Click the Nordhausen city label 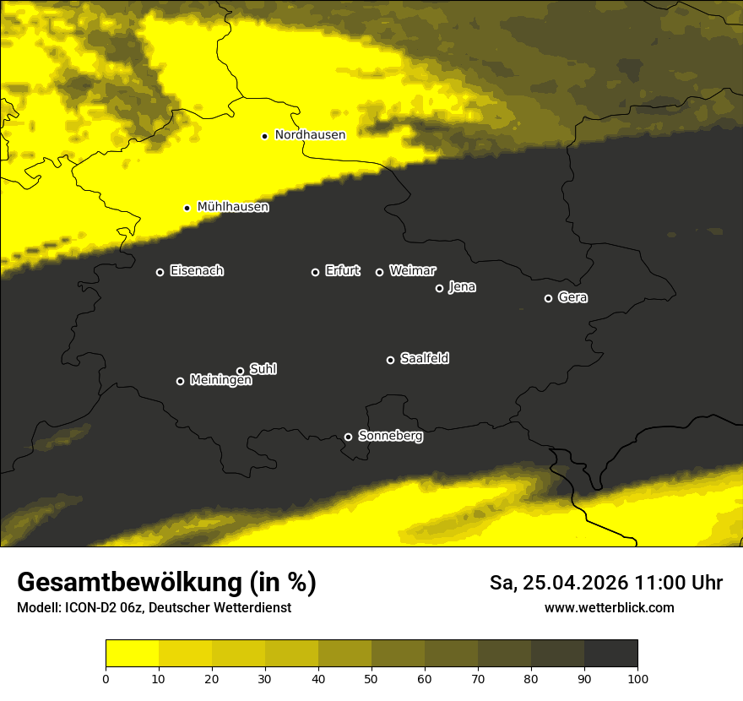point(310,135)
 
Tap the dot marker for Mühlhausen point(187,208)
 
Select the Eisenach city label point(197,271)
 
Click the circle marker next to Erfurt point(315,272)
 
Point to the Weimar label point(413,271)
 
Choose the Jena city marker point(439,288)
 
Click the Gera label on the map point(573,297)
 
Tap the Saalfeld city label point(425,359)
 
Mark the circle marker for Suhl point(240,371)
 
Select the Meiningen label point(221,381)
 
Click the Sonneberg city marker point(348,437)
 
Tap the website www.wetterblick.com point(610,608)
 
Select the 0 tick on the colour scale point(106,678)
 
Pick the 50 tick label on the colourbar point(371,678)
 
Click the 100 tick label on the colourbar point(637,678)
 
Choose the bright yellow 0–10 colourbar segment point(132,654)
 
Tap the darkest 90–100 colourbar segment point(610,654)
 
